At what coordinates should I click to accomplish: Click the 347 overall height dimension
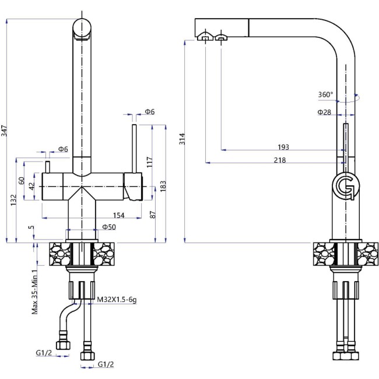(x=5, y=131)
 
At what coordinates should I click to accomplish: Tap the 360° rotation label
(x=326, y=94)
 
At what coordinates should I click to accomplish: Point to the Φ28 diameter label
(x=325, y=111)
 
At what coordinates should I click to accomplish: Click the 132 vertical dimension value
(x=13, y=199)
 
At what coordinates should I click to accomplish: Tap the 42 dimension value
(x=32, y=185)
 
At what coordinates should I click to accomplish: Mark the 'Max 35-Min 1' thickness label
(x=36, y=292)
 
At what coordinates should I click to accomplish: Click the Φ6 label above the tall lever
(x=149, y=111)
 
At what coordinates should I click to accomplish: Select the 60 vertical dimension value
(x=22, y=181)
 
